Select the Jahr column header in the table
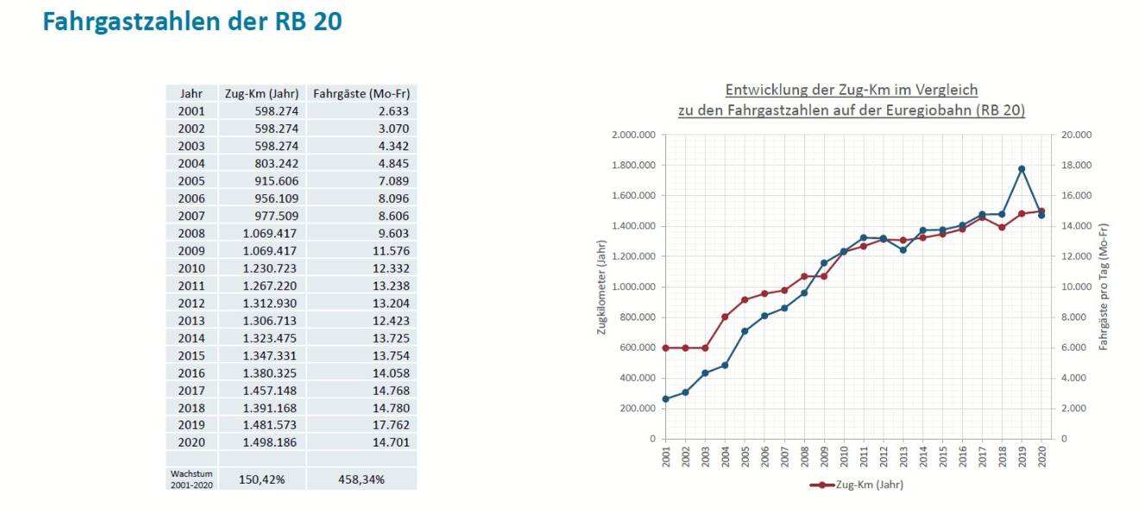191,93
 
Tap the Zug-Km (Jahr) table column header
261,93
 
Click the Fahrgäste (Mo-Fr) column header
361,93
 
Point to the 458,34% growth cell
361,479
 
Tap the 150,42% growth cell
261,479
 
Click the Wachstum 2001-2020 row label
192,479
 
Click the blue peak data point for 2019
1022,169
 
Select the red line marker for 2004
725,317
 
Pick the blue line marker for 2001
665,399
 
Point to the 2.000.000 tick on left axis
633,135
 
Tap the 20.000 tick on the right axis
1076,135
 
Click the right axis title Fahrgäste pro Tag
1104,287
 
